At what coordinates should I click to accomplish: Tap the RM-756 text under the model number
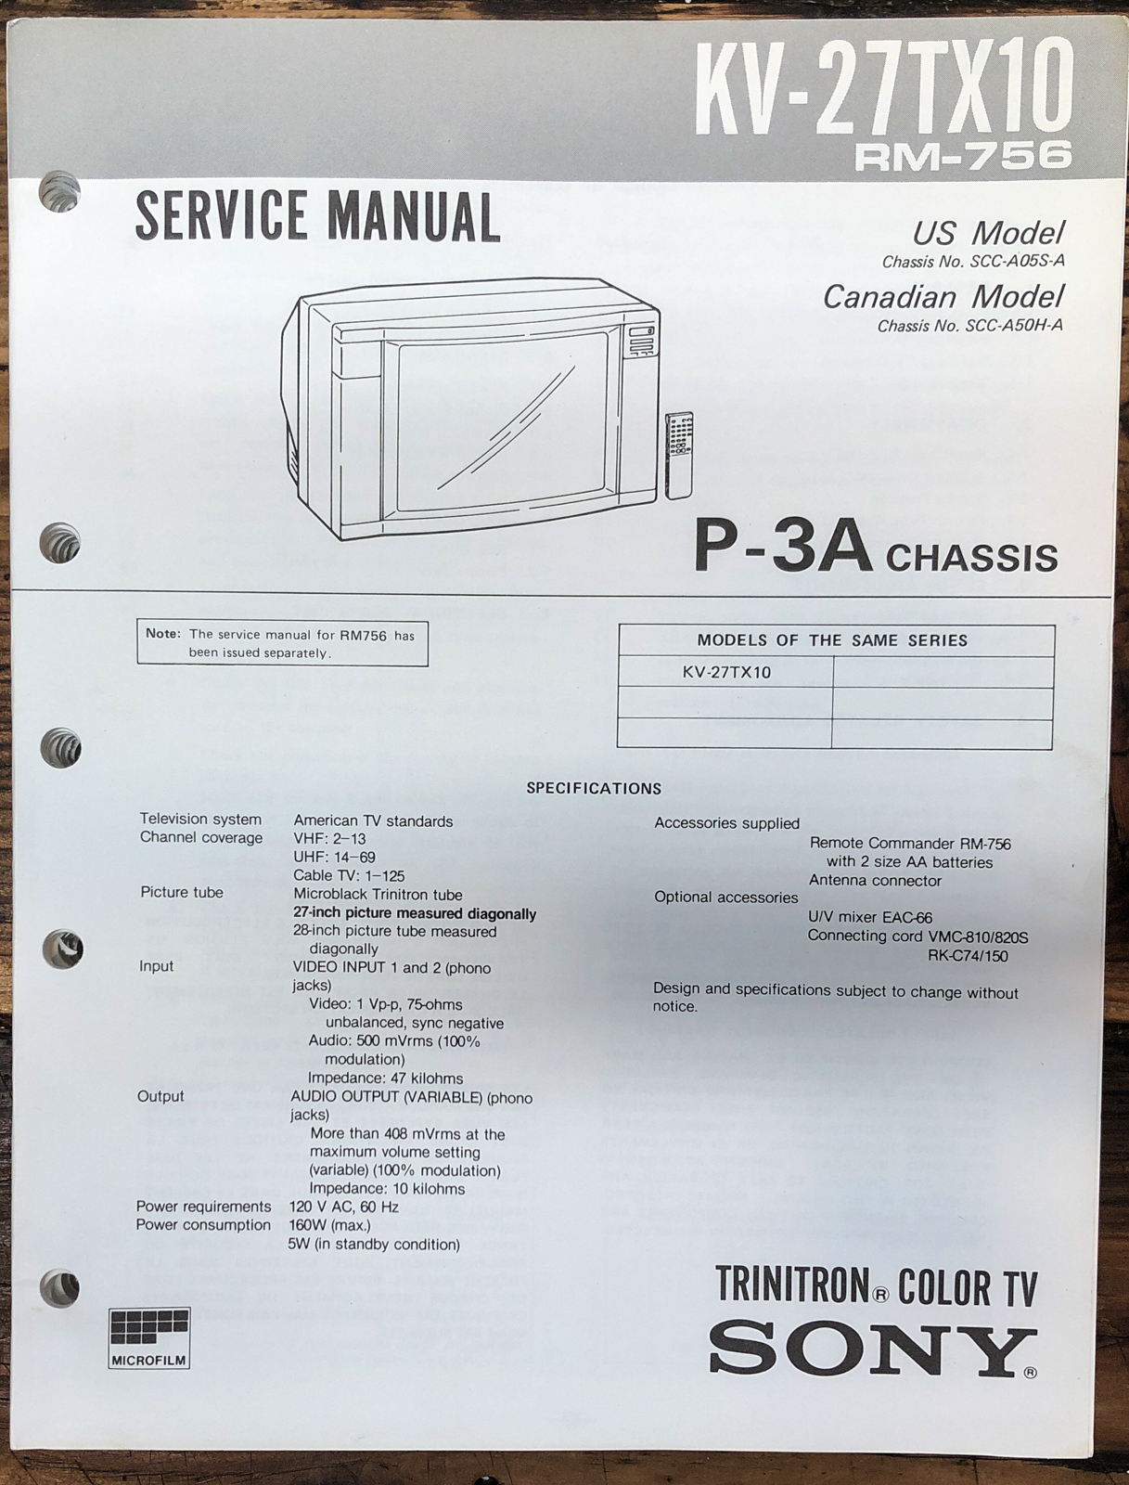tap(963, 155)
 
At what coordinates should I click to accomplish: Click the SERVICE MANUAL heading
tap(318, 216)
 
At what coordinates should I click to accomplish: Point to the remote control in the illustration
tap(679, 456)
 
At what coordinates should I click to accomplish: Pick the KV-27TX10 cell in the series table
tap(726, 673)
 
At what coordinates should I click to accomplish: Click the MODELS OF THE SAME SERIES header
tap(832, 640)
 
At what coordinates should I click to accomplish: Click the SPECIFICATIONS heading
tap(594, 788)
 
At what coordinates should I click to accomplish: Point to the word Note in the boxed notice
tap(163, 634)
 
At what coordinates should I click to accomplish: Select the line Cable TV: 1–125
tap(349, 875)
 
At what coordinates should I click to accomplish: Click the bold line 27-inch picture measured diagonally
tap(415, 913)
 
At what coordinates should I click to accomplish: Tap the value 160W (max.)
tap(330, 1225)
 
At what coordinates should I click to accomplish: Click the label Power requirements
tap(203, 1207)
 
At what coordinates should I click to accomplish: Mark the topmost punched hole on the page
tap(59, 191)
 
